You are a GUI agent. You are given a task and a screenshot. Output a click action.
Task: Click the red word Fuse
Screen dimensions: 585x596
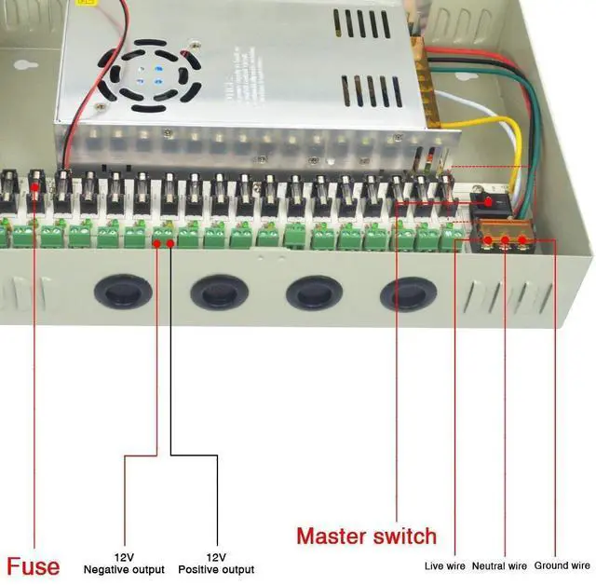click(34, 565)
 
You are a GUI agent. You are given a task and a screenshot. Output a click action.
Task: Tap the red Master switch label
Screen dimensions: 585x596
click(366, 536)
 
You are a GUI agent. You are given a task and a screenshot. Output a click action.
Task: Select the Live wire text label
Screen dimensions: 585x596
click(445, 565)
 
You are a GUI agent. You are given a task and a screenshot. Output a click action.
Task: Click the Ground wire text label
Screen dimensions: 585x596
click(562, 565)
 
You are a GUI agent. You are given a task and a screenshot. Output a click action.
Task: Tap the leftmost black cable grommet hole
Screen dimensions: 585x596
click(122, 292)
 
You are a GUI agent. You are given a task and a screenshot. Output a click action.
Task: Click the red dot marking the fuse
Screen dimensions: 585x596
click(34, 186)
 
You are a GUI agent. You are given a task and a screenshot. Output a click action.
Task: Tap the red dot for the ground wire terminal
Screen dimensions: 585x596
click(525, 241)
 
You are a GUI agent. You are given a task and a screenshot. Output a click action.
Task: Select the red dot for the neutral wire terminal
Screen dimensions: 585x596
click(507, 241)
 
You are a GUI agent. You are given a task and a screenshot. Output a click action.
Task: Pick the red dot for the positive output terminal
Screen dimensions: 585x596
click(172, 243)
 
